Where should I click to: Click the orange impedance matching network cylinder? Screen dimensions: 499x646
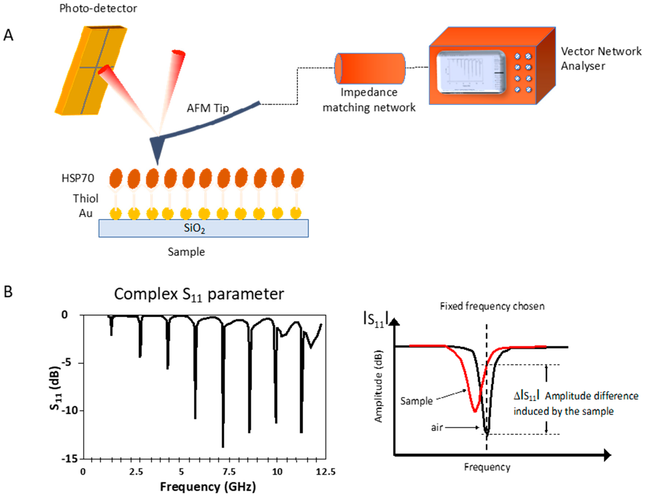370,68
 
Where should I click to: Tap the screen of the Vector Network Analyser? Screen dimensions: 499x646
471,72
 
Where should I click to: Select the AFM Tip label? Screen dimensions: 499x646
208,108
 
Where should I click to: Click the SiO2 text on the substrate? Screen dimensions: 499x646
194,228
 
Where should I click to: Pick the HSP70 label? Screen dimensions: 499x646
78,178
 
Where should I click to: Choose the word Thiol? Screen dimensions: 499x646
85,198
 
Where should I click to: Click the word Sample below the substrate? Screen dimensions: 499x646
186,252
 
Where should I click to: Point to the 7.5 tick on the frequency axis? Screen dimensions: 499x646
229,471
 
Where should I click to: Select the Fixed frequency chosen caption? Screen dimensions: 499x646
492,306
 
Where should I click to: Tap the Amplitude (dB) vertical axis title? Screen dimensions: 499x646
378,386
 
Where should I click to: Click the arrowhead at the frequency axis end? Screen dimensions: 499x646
607,455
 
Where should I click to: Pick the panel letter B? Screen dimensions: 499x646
8,292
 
